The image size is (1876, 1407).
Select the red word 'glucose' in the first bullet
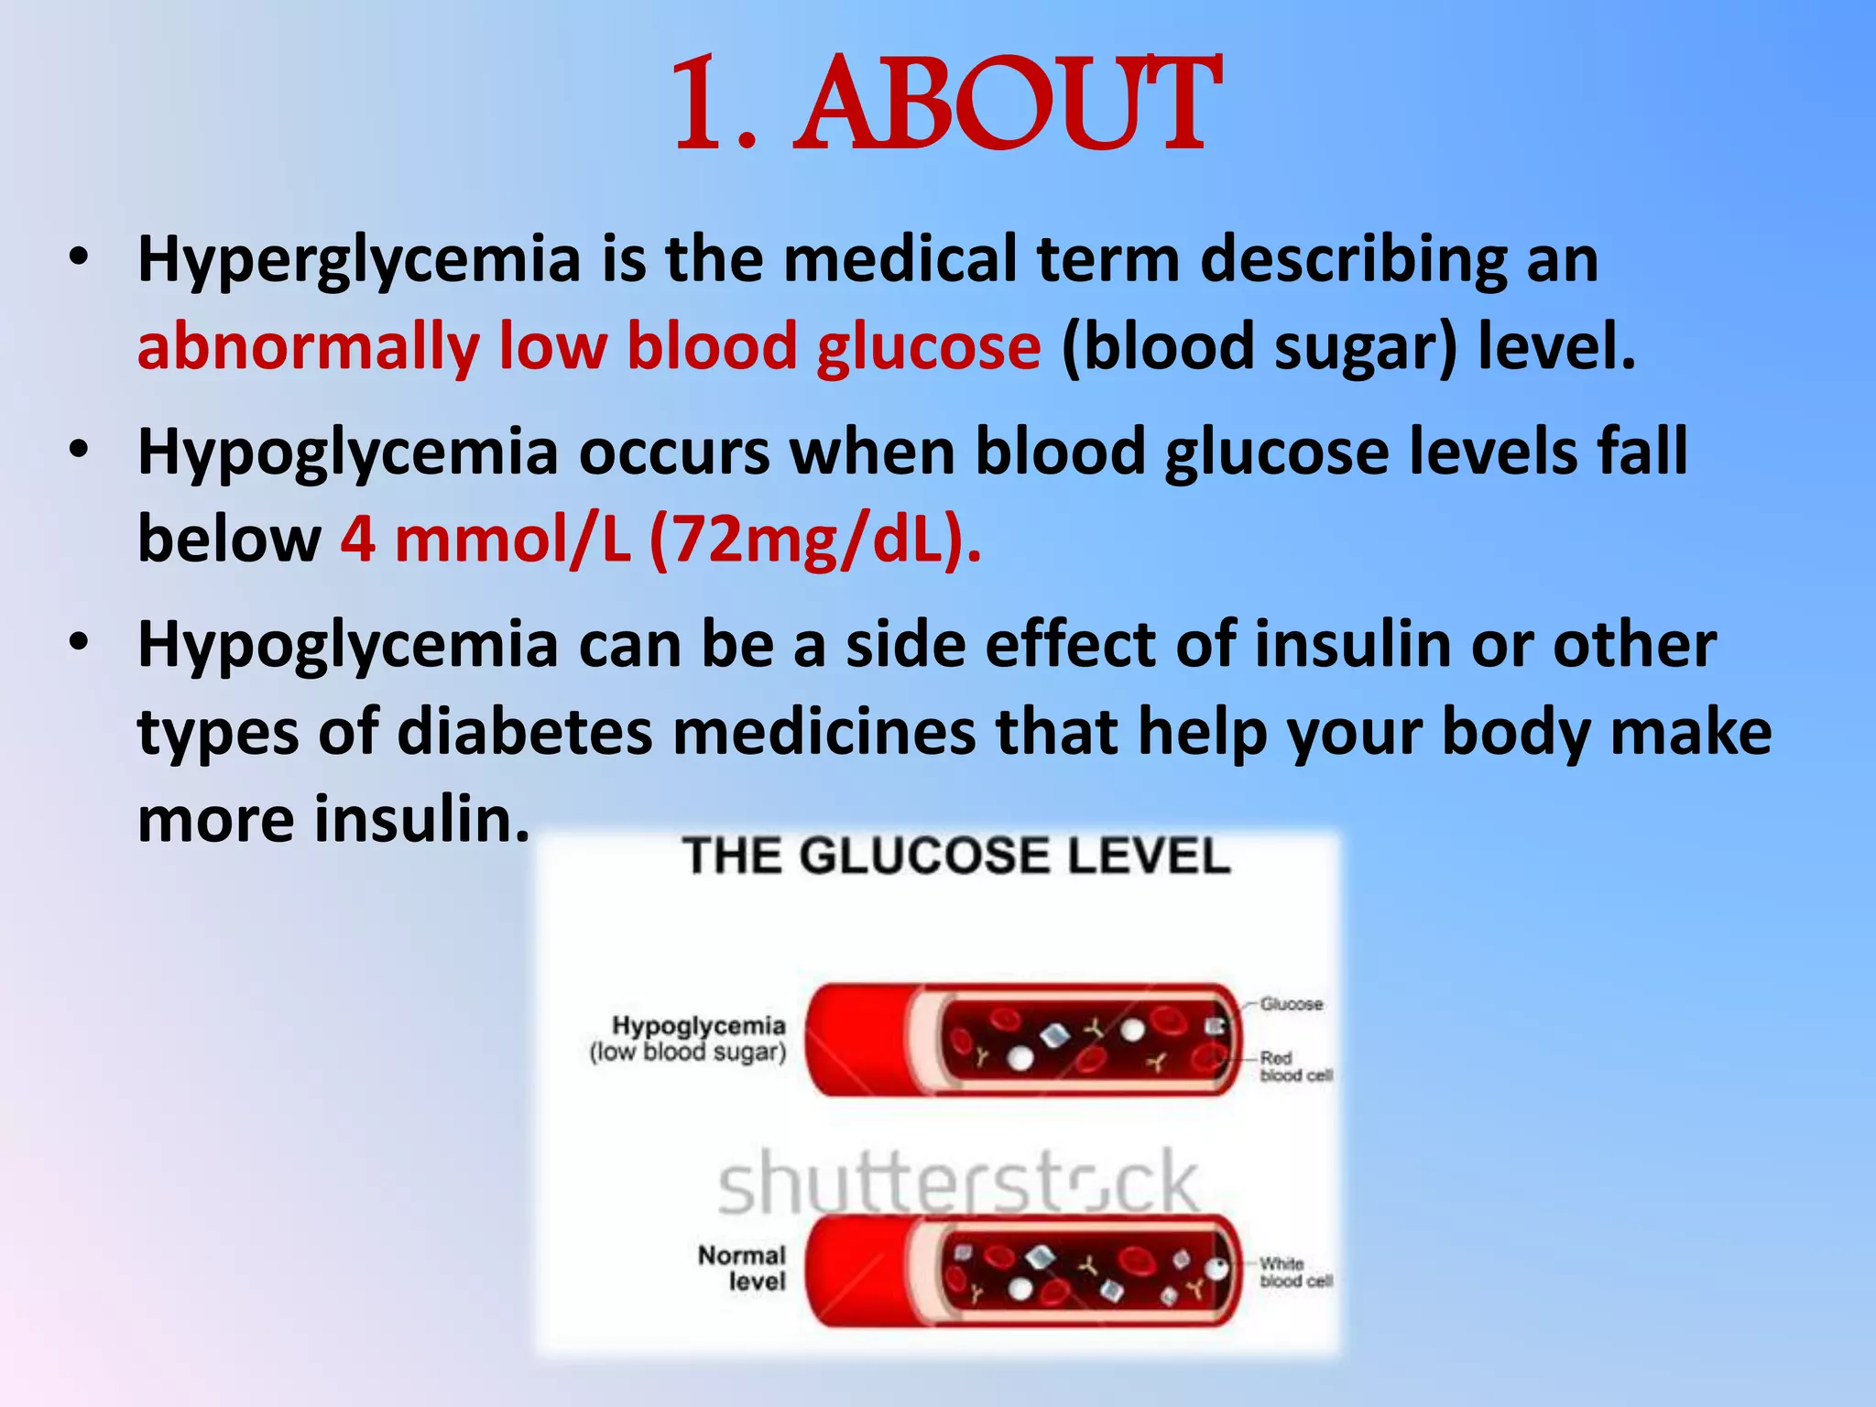tap(929, 348)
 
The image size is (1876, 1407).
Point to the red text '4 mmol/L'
tap(485, 540)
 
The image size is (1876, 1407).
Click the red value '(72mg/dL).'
tap(814, 540)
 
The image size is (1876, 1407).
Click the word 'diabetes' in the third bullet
tap(525, 733)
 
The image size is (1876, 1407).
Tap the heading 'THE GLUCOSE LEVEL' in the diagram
tap(956, 856)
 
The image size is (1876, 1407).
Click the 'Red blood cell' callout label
tap(1293, 1067)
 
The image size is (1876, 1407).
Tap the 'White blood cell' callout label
tap(1293, 1272)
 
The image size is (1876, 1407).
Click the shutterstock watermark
tap(958, 1183)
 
